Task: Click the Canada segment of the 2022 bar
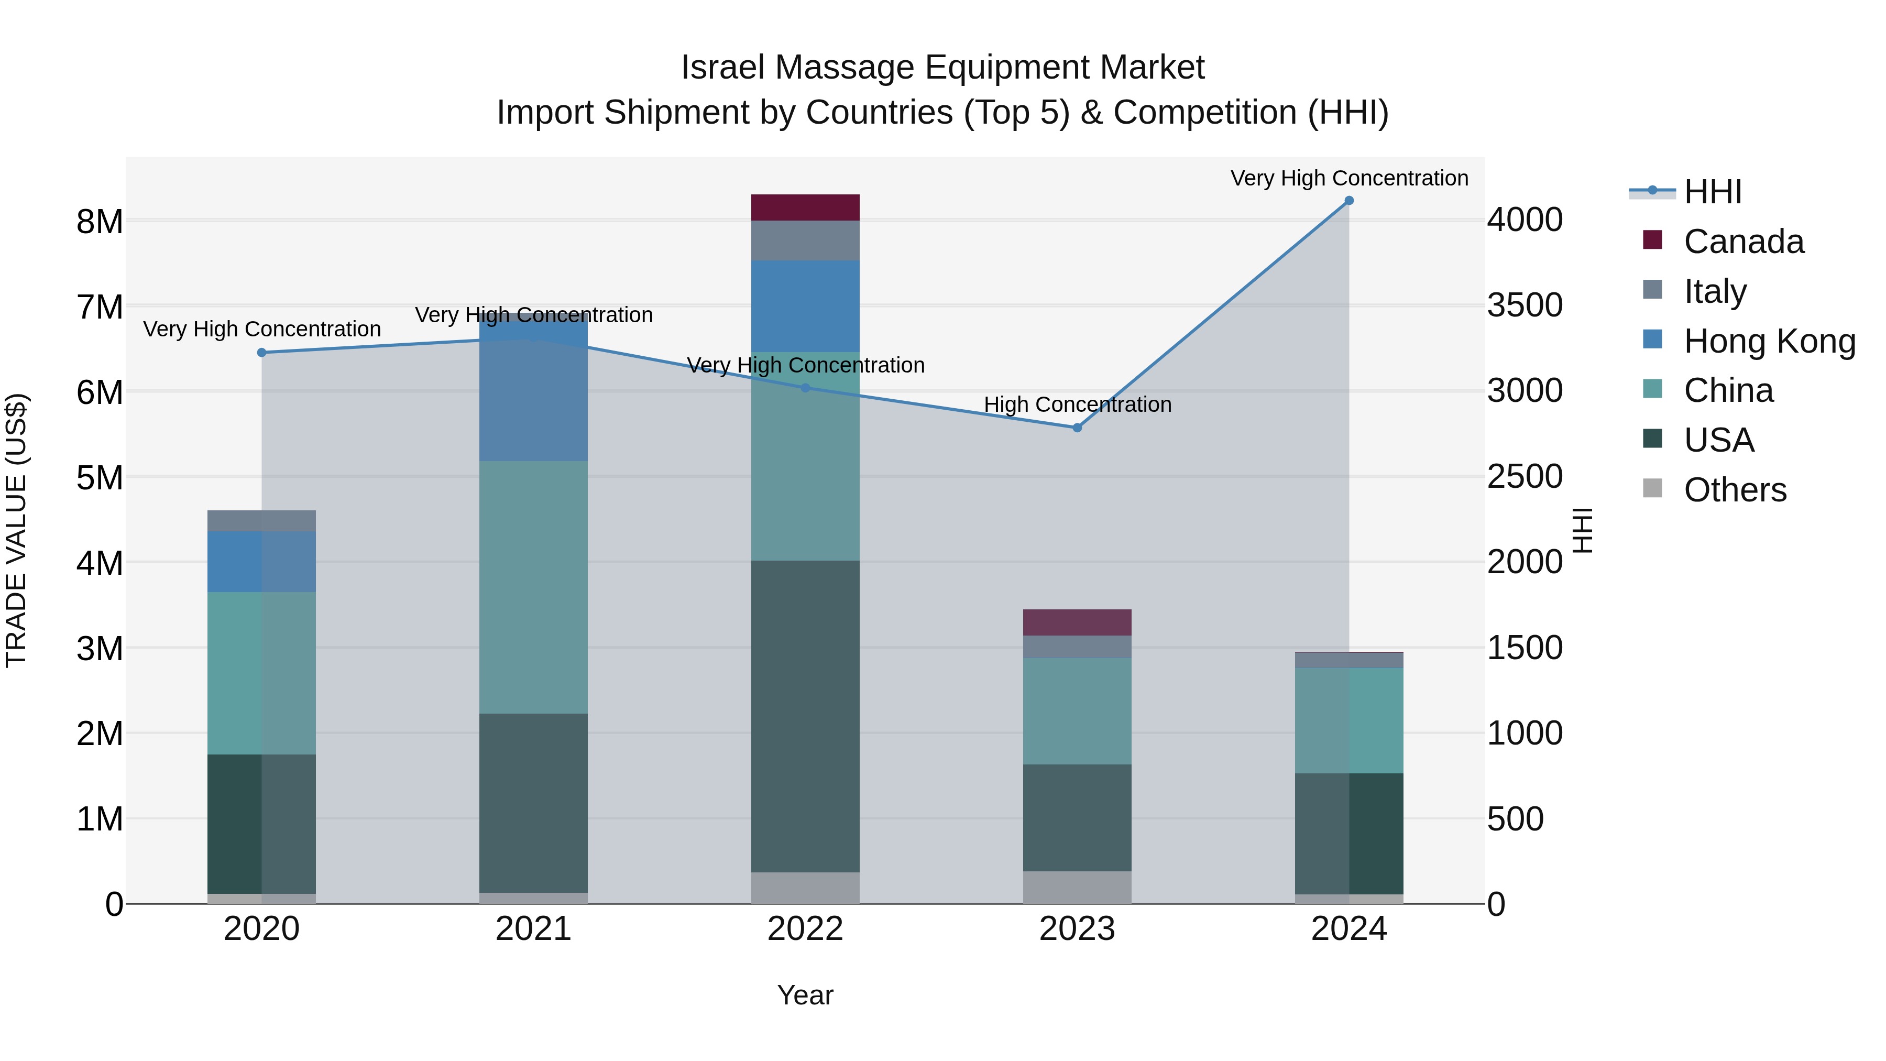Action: [805, 207]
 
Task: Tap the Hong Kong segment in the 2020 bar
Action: [261, 562]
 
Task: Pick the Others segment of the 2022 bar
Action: [805, 888]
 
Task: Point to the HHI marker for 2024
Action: [1348, 201]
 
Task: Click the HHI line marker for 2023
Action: [1077, 428]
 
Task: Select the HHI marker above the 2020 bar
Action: [261, 352]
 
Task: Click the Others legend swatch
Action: [1652, 488]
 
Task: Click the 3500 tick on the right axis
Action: [1525, 305]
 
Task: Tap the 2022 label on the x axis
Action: [805, 929]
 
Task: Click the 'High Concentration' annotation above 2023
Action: [1077, 404]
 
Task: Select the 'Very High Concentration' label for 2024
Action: [1348, 178]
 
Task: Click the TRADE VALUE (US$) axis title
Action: [16, 530]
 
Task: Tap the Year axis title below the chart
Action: [805, 995]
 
